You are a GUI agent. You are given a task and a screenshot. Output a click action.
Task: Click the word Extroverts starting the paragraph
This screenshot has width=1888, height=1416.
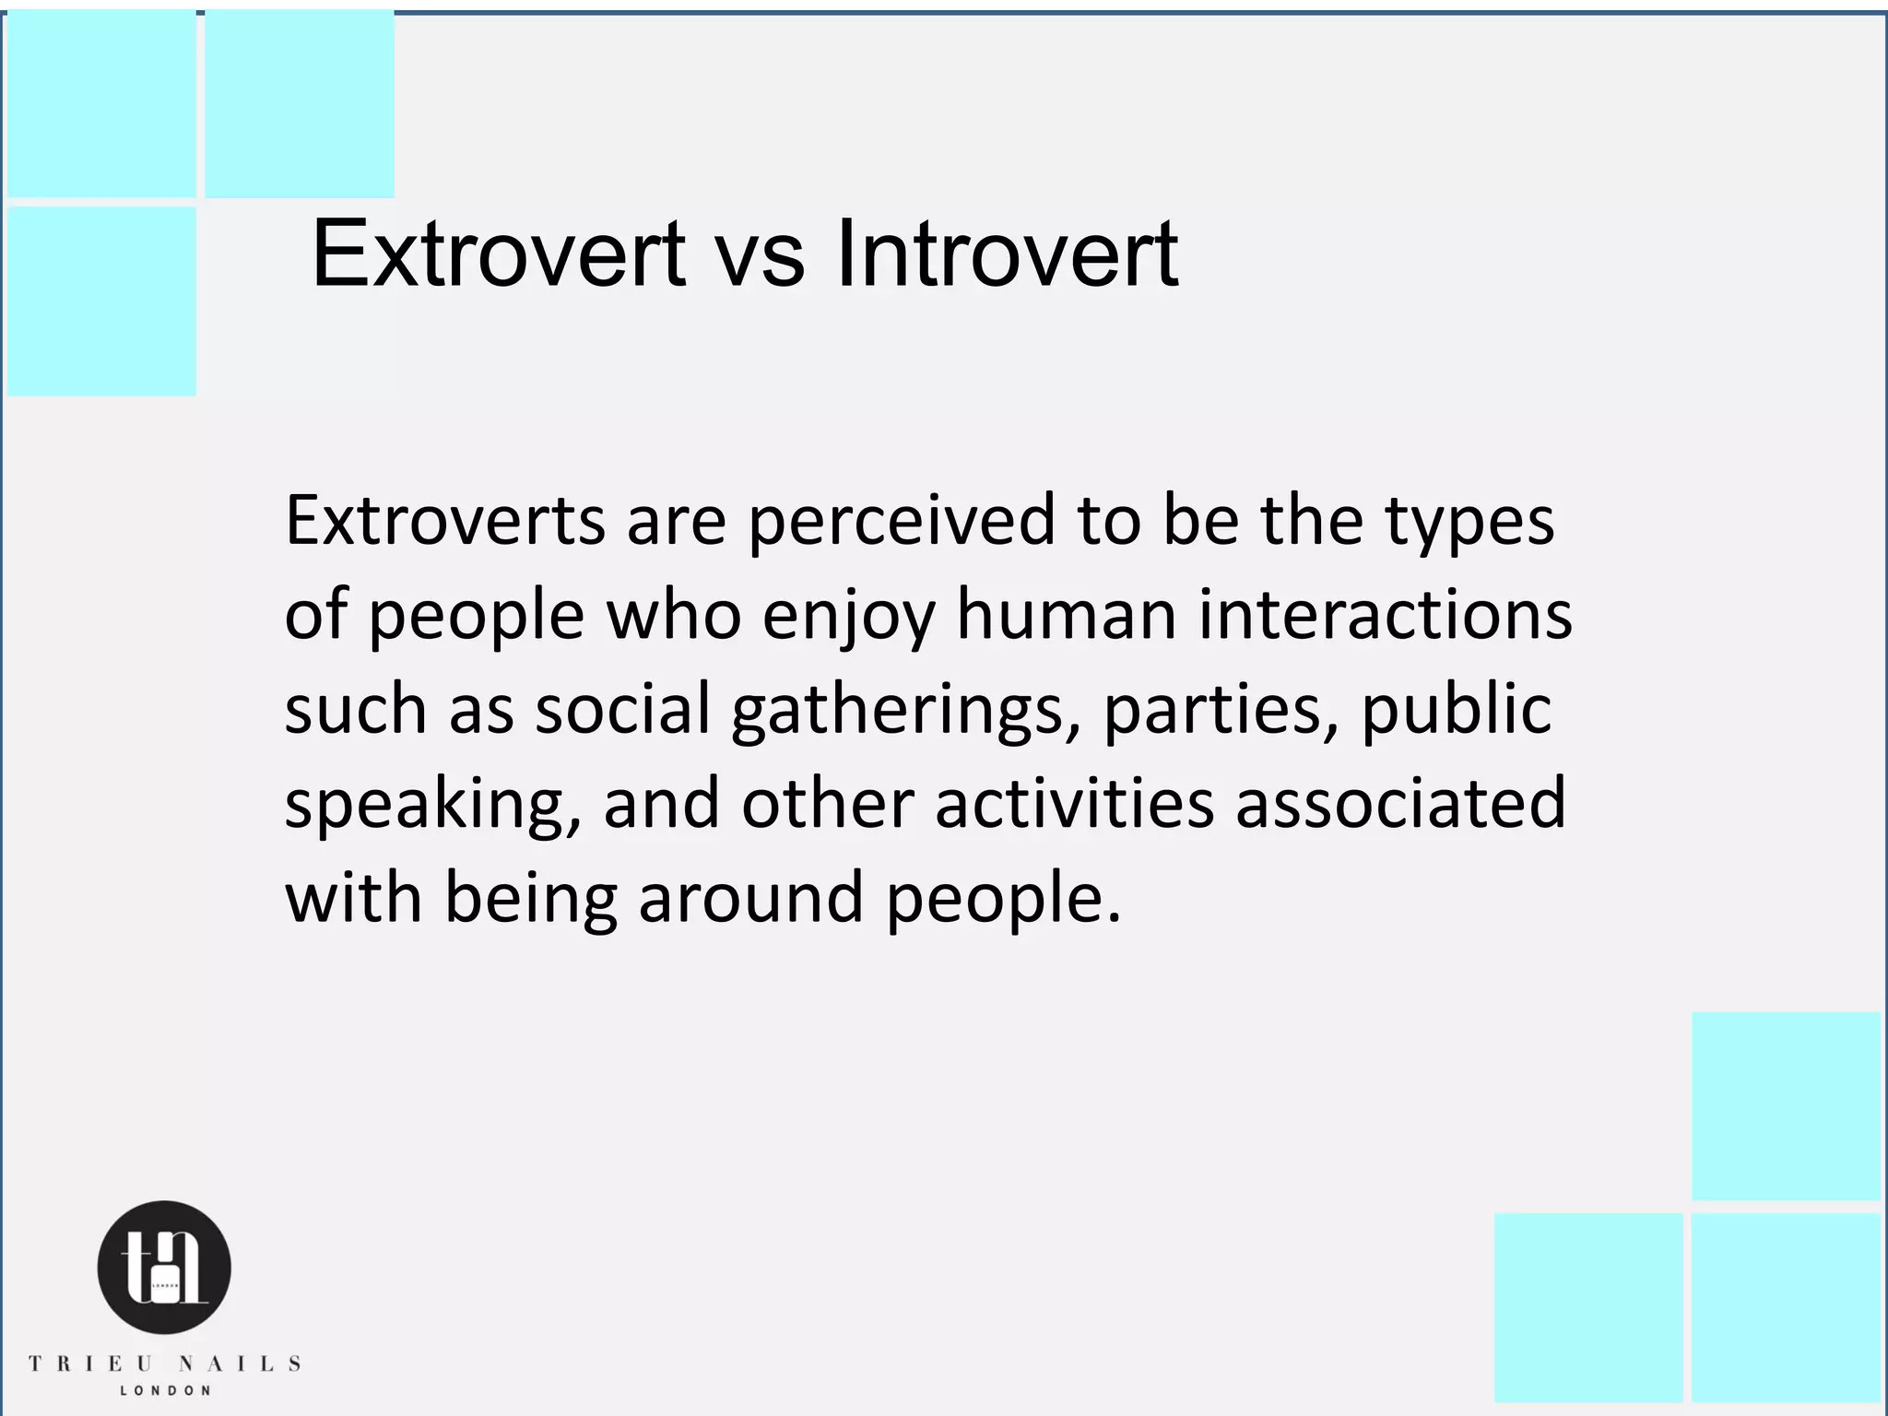(445, 520)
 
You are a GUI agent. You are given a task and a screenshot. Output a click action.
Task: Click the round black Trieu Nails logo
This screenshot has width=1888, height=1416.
(164, 1268)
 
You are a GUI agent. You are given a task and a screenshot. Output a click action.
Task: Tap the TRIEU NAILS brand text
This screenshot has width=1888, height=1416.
(164, 1363)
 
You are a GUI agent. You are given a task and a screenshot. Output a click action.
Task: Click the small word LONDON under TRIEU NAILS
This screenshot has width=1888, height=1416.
(165, 1390)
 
